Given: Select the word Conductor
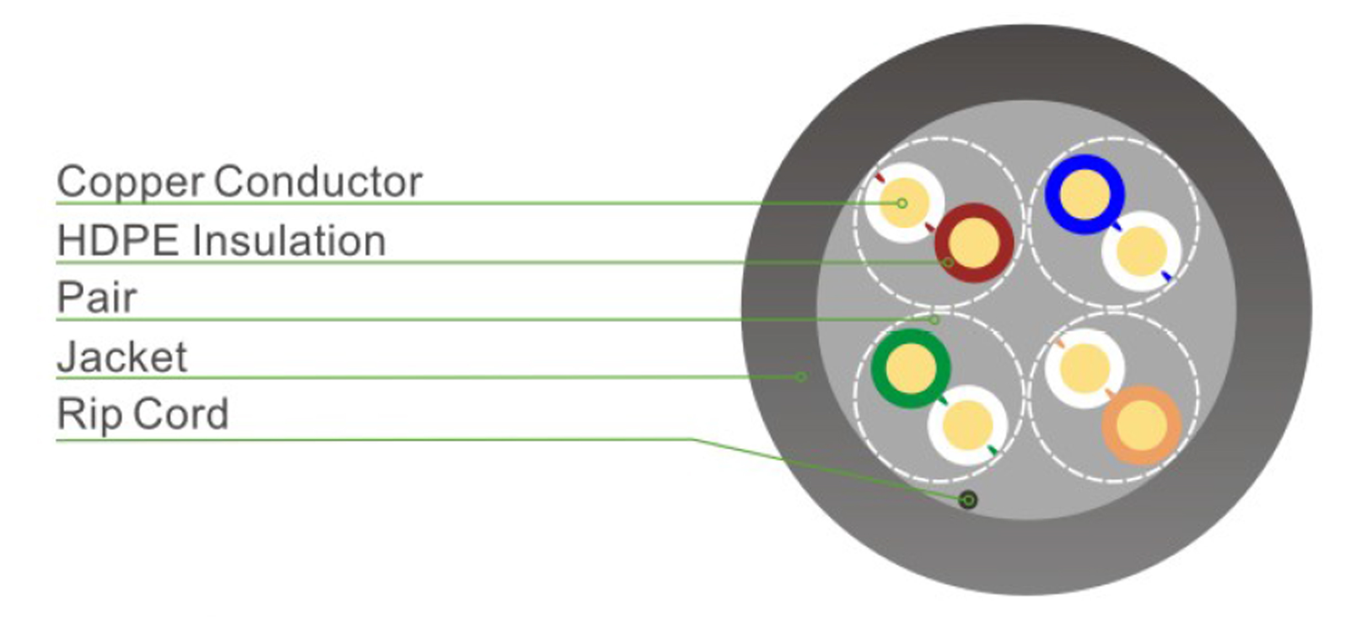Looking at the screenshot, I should pos(318,182).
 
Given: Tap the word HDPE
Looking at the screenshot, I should pos(118,241).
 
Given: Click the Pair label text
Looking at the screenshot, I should pos(96,298).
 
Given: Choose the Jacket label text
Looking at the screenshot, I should pos(122,357).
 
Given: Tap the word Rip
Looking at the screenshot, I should pos(89,414).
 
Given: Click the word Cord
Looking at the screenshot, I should pos(181,414).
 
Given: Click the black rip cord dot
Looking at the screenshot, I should pos(967,500).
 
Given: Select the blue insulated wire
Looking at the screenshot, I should pos(1084,195).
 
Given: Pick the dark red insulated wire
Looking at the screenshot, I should pos(974,242).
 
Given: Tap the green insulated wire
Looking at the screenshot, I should pos(911,368).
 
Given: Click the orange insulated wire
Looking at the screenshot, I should pos(1142,425).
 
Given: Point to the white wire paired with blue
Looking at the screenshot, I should pos(1142,251).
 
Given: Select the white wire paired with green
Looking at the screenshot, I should pos(967,425).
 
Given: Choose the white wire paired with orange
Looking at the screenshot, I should pos(1085,368).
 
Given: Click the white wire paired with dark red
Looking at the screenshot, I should pos(904,202).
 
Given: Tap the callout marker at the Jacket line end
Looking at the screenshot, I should pos(801,377).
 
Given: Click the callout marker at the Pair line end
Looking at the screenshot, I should pos(934,320).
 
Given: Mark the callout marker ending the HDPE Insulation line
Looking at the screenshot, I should pos(948,262).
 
